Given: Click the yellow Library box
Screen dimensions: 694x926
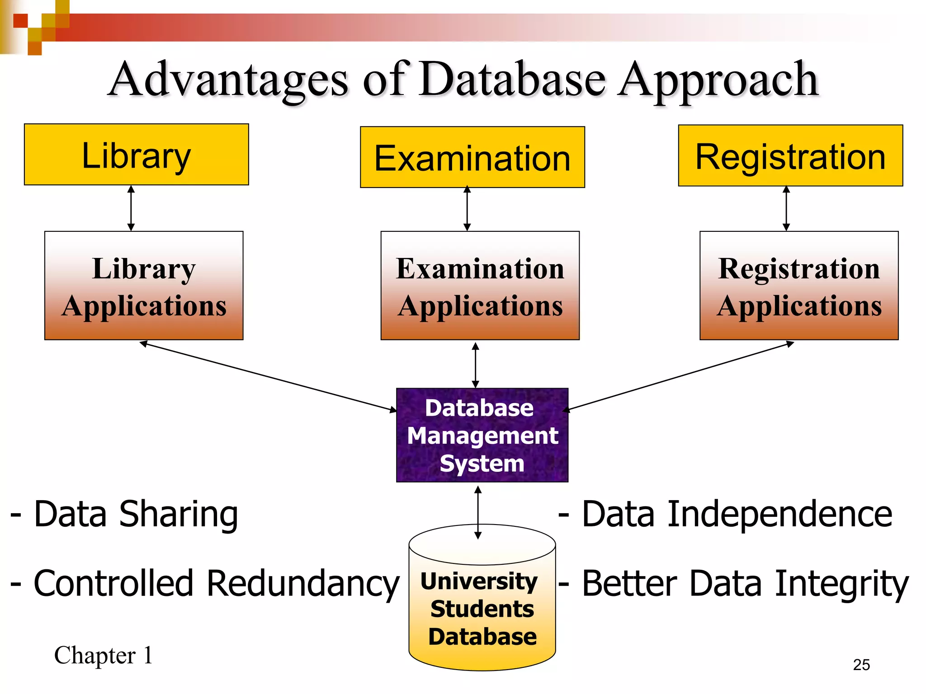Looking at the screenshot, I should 136,155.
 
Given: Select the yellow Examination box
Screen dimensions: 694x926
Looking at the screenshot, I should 472,157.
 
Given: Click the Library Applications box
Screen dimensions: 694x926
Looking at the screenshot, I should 144,286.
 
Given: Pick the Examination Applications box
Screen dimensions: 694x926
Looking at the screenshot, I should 480,286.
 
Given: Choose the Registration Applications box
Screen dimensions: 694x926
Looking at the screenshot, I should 798,286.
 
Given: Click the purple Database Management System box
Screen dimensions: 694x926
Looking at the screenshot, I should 482,435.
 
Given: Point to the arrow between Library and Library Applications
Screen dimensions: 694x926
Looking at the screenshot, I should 131,208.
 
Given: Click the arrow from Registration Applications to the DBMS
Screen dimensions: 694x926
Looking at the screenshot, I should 678,377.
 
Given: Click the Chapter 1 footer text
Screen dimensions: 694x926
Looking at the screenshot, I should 104,655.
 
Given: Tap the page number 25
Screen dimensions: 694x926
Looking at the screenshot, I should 861,665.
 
